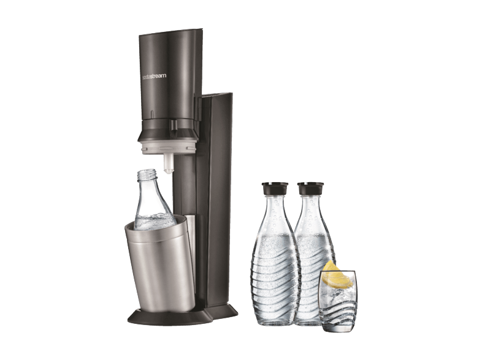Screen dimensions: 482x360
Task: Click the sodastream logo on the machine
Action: pos(154,76)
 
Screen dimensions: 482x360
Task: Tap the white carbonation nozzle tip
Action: pos(169,164)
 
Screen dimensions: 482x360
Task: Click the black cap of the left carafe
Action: pos(275,188)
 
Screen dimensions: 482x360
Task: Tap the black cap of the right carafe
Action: pos(310,188)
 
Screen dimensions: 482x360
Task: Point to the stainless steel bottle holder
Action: pos(160,264)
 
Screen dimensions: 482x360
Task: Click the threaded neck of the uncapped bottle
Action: pos(147,175)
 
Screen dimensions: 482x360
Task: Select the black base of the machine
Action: pos(183,314)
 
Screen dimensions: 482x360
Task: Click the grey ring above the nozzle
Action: pos(169,147)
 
